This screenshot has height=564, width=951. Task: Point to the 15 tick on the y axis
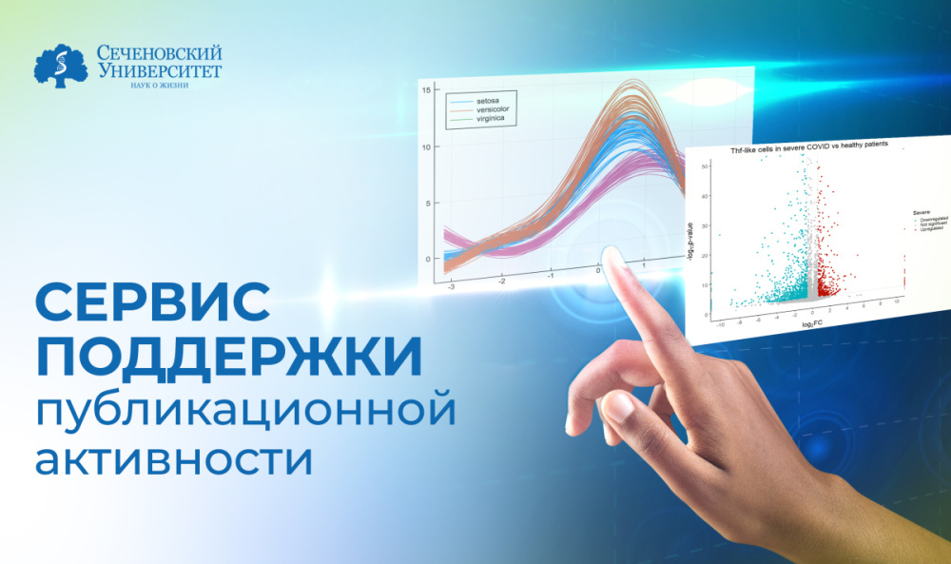tap(427, 89)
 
